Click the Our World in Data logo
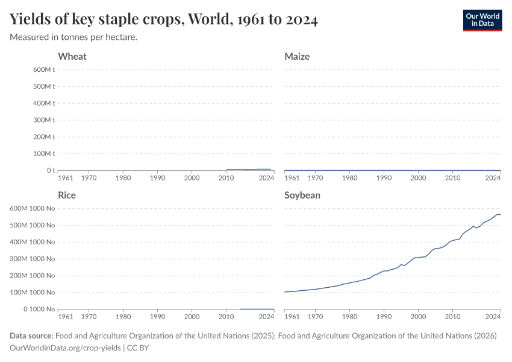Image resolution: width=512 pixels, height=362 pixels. [x=482, y=19]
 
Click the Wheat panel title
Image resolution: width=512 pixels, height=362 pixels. [x=72, y=56]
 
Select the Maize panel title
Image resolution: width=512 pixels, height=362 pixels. [x=297, y=56]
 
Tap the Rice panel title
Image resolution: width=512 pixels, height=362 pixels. [x=67, y=195]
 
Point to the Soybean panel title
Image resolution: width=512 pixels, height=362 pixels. [x=302, y=195]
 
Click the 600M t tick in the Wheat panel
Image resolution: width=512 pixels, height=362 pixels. [x=44, y=69]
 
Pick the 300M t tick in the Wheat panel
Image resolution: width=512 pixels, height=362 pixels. [x=44, y=120]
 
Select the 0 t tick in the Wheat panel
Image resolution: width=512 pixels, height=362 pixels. [x=51, y=170]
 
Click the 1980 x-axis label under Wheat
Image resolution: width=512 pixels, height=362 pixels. [x=123, y=178]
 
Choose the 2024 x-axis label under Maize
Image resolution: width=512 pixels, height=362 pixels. [x=493, y=178]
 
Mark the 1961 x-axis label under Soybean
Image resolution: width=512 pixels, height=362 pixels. [x=292, y=317]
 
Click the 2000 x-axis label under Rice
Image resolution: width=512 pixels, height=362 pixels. [x=192, y=317]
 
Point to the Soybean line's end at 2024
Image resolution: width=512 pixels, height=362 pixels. [x=499, y=215]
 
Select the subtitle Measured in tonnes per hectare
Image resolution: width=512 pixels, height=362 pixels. [x=73, y=37]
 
